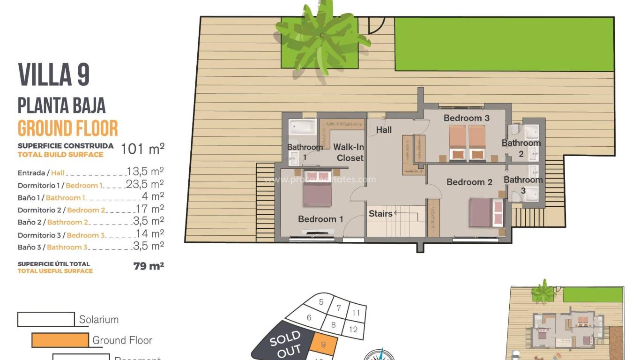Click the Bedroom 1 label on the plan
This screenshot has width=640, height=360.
(320, 219)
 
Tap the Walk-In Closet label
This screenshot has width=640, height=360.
(349, 152)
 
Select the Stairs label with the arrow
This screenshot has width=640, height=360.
(380, 214)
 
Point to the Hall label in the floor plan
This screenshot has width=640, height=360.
(384, 130)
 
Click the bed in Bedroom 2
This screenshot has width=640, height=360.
(486, 212)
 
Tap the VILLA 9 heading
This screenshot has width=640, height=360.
(54, 75)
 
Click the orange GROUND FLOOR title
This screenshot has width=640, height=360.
(68, 128)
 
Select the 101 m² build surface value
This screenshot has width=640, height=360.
(142, 149)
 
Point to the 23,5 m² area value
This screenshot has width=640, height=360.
(145, 184)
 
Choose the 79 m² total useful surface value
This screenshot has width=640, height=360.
(149, 267)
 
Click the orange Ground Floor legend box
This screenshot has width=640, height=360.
(60, 340)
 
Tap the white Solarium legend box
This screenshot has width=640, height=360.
(46, 319)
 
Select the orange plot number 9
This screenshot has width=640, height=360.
(324, 345)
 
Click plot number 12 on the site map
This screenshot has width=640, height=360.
(353, 329)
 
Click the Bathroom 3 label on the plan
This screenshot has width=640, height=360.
(523, 185)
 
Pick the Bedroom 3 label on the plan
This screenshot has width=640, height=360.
(466, 118)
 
